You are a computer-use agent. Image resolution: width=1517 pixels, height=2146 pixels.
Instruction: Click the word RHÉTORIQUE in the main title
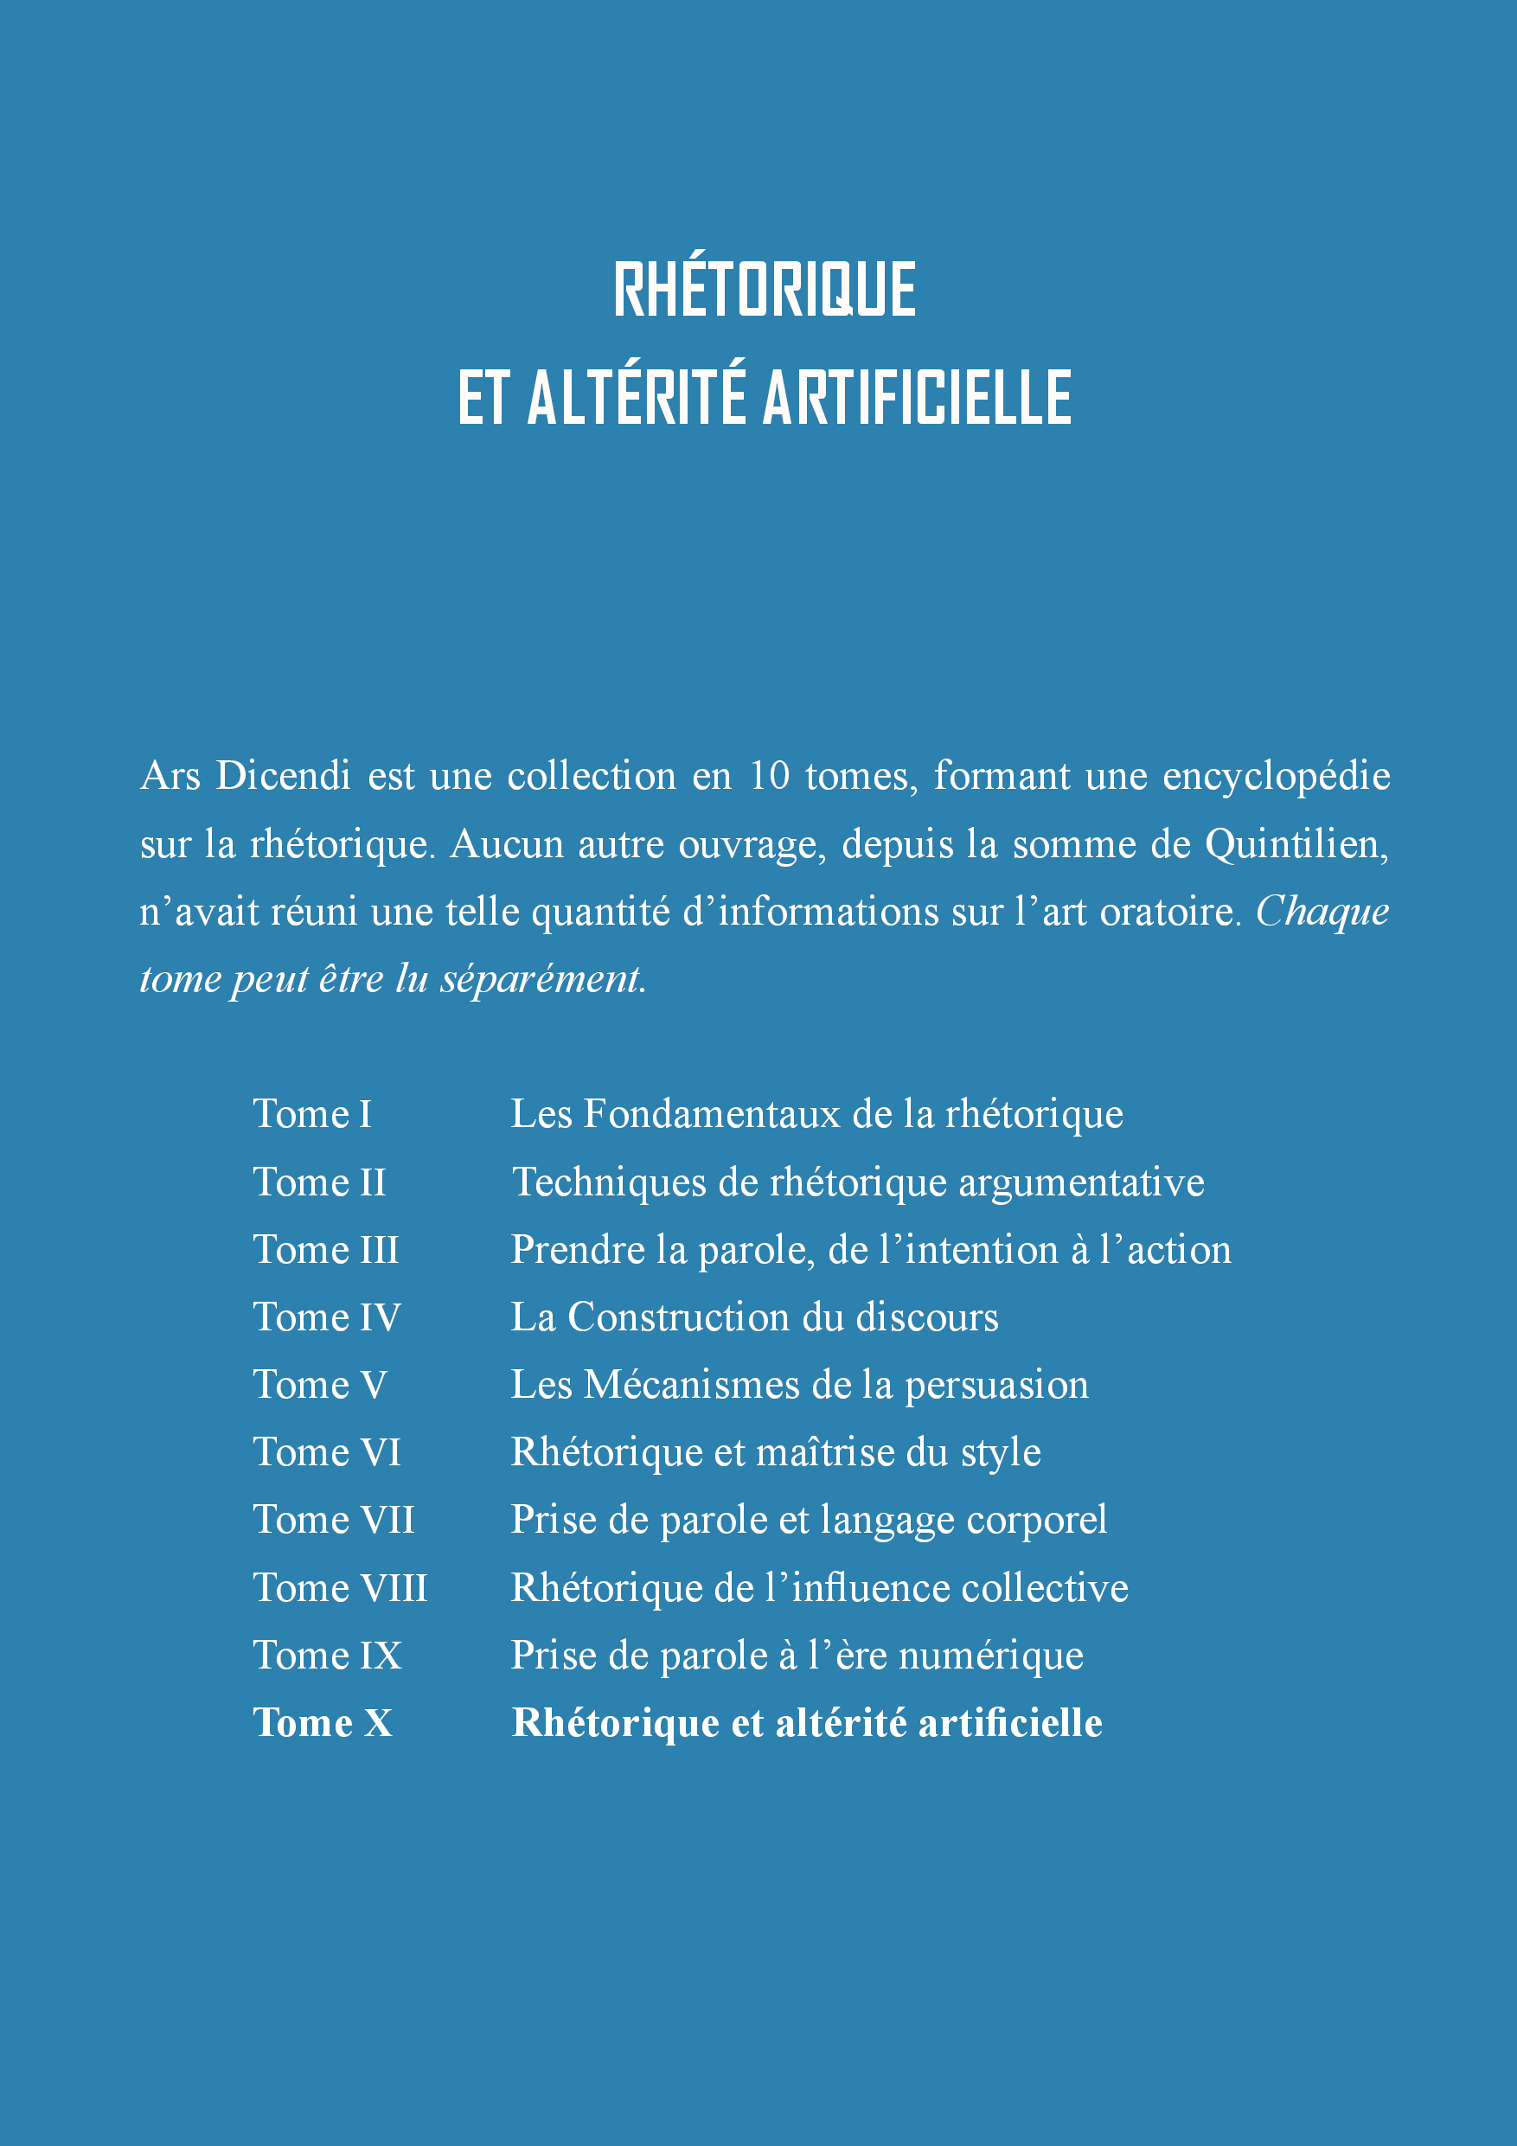click(765, 289)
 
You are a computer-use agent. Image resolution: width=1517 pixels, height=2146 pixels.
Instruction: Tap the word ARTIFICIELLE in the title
click(917, 397)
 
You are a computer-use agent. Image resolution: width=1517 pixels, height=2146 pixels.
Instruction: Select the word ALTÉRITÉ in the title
click(637, 397)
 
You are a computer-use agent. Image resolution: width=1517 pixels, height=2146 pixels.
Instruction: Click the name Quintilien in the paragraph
click(1296, 844)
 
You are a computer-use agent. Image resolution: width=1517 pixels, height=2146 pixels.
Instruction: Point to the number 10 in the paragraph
click(769, 776)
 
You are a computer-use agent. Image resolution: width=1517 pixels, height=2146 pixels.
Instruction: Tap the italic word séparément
click(543, 979)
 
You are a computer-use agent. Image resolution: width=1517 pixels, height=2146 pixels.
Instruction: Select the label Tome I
click(312, 1114)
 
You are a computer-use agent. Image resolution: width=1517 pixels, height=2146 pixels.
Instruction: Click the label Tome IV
click(326, 1317)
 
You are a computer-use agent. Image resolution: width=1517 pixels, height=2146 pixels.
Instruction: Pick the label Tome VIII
click(339, 1588)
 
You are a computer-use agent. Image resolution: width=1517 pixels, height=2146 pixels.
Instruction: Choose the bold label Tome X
click(323, 1724)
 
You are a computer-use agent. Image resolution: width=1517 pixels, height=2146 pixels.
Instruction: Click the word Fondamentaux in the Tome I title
click(711, 1114)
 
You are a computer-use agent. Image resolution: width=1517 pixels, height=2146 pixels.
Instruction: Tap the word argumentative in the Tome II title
click(1080, 1183)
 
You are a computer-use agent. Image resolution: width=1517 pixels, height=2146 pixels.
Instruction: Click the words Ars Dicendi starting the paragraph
click(245, 776)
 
